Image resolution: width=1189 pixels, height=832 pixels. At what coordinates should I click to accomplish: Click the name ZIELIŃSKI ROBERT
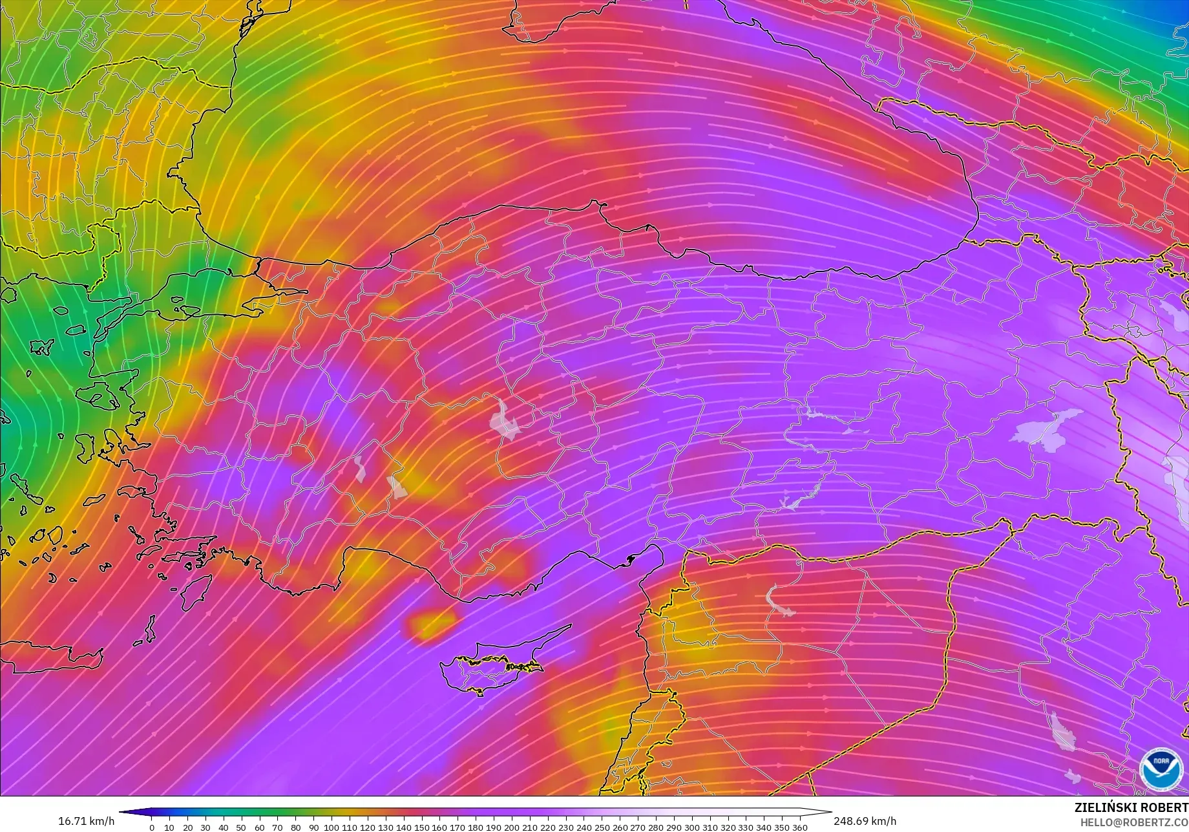(x=1131, y=807)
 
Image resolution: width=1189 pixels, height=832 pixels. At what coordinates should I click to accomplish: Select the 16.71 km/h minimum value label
(x=87, y=821)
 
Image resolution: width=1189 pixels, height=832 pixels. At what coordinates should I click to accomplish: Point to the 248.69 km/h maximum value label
(x=865, y=821)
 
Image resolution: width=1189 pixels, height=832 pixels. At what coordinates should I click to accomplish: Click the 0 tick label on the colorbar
(x=152, y=827)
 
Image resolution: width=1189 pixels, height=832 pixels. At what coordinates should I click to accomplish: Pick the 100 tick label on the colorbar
(x=331, y=827)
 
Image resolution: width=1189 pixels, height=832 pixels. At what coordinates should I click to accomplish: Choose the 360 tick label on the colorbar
(x=799, y=827)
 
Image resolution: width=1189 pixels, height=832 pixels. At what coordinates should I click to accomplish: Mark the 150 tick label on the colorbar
(x=421, y=827)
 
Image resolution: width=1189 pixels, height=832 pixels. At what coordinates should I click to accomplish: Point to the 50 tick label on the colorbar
(x=241, y=827)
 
